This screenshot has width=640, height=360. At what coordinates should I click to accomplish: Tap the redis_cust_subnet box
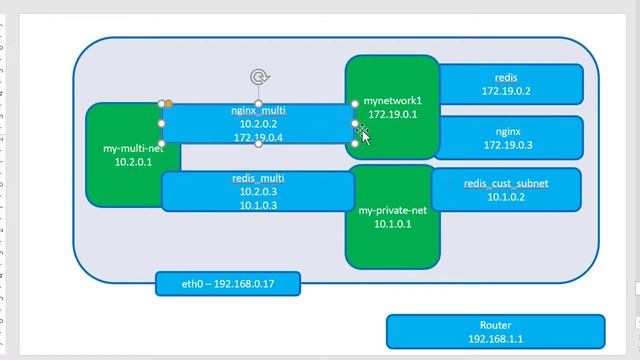(506, 190)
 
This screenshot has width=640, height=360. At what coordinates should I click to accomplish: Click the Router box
(495, 332)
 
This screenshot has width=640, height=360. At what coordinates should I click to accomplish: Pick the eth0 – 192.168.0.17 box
(227, 284)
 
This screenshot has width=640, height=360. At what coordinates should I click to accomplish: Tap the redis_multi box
(257, 191)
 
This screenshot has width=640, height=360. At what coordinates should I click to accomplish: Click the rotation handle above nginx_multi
(258, 77)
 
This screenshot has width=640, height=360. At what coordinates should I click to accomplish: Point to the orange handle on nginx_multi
(168, 103)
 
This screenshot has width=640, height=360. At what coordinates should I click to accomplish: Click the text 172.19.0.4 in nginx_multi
(258, 137)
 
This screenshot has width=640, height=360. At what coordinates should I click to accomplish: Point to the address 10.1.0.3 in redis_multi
(258, 204)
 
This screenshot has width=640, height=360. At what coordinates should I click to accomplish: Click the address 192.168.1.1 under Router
(495, 339)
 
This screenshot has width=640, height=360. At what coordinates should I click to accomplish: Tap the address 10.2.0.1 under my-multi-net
(133, 161)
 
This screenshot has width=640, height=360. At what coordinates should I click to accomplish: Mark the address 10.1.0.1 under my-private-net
(392, 224)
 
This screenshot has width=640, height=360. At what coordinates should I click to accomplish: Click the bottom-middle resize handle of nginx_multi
(258, 144)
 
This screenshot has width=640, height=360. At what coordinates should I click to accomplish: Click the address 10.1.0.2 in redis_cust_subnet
(506, 197)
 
